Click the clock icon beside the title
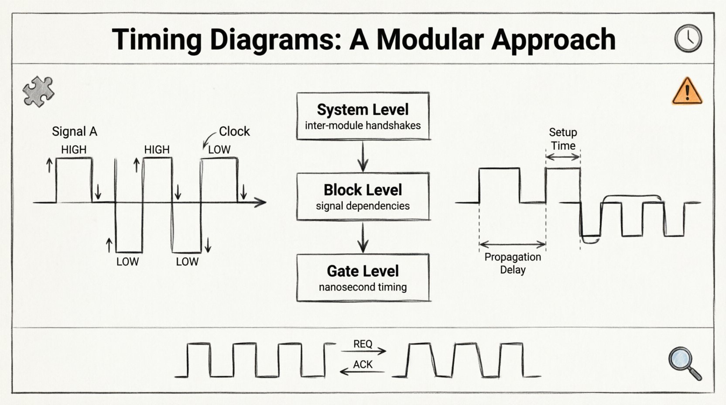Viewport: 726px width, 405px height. [688, 38]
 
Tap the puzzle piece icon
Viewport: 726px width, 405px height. [38, 92]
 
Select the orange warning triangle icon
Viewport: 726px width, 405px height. [687, 92]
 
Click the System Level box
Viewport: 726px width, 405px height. [363, 116]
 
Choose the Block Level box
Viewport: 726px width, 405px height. [363, 196]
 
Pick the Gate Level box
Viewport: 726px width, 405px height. [363, 278]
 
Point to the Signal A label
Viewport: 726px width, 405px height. [75, 131]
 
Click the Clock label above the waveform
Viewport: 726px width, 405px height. [234, 131]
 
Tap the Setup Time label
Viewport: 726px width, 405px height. [563, 139]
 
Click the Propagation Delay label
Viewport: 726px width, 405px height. [513, 263]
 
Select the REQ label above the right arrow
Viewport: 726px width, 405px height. [363, 344]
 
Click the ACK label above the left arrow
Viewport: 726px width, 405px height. [363, 364]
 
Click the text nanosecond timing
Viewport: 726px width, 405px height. [363, 287]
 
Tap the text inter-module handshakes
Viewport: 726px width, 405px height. [363, 126]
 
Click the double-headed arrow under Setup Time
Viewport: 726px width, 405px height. [563, 157]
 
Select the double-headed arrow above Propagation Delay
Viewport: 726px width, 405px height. [512, 244]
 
